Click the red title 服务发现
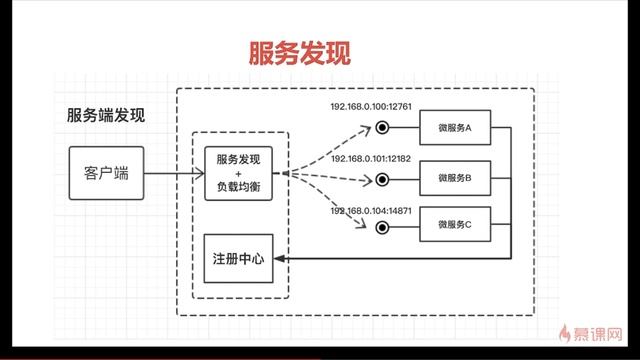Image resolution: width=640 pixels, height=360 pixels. pyautogui.click(x=299, y=53)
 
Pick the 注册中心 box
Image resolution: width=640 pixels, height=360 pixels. pyautogui.click(x=238, y=258)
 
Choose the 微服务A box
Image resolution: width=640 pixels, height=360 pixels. pyautogui.click(x=461, y=128)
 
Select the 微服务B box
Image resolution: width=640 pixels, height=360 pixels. pyautogui.click(x=461, y=179)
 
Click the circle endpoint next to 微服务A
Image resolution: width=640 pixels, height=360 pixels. pyautogui.click(x=381, y=128)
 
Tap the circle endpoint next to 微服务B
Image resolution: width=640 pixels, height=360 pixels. pyautogui.click(x=381, y=179)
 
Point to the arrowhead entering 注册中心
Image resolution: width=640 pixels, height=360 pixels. pyautogui.click(x=282, y=258)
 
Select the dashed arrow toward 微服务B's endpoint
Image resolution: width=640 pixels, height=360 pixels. pyautogui.click(x=330, y=177)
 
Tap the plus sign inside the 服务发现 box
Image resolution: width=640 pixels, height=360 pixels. pyautogui.click(x=238, y=173)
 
